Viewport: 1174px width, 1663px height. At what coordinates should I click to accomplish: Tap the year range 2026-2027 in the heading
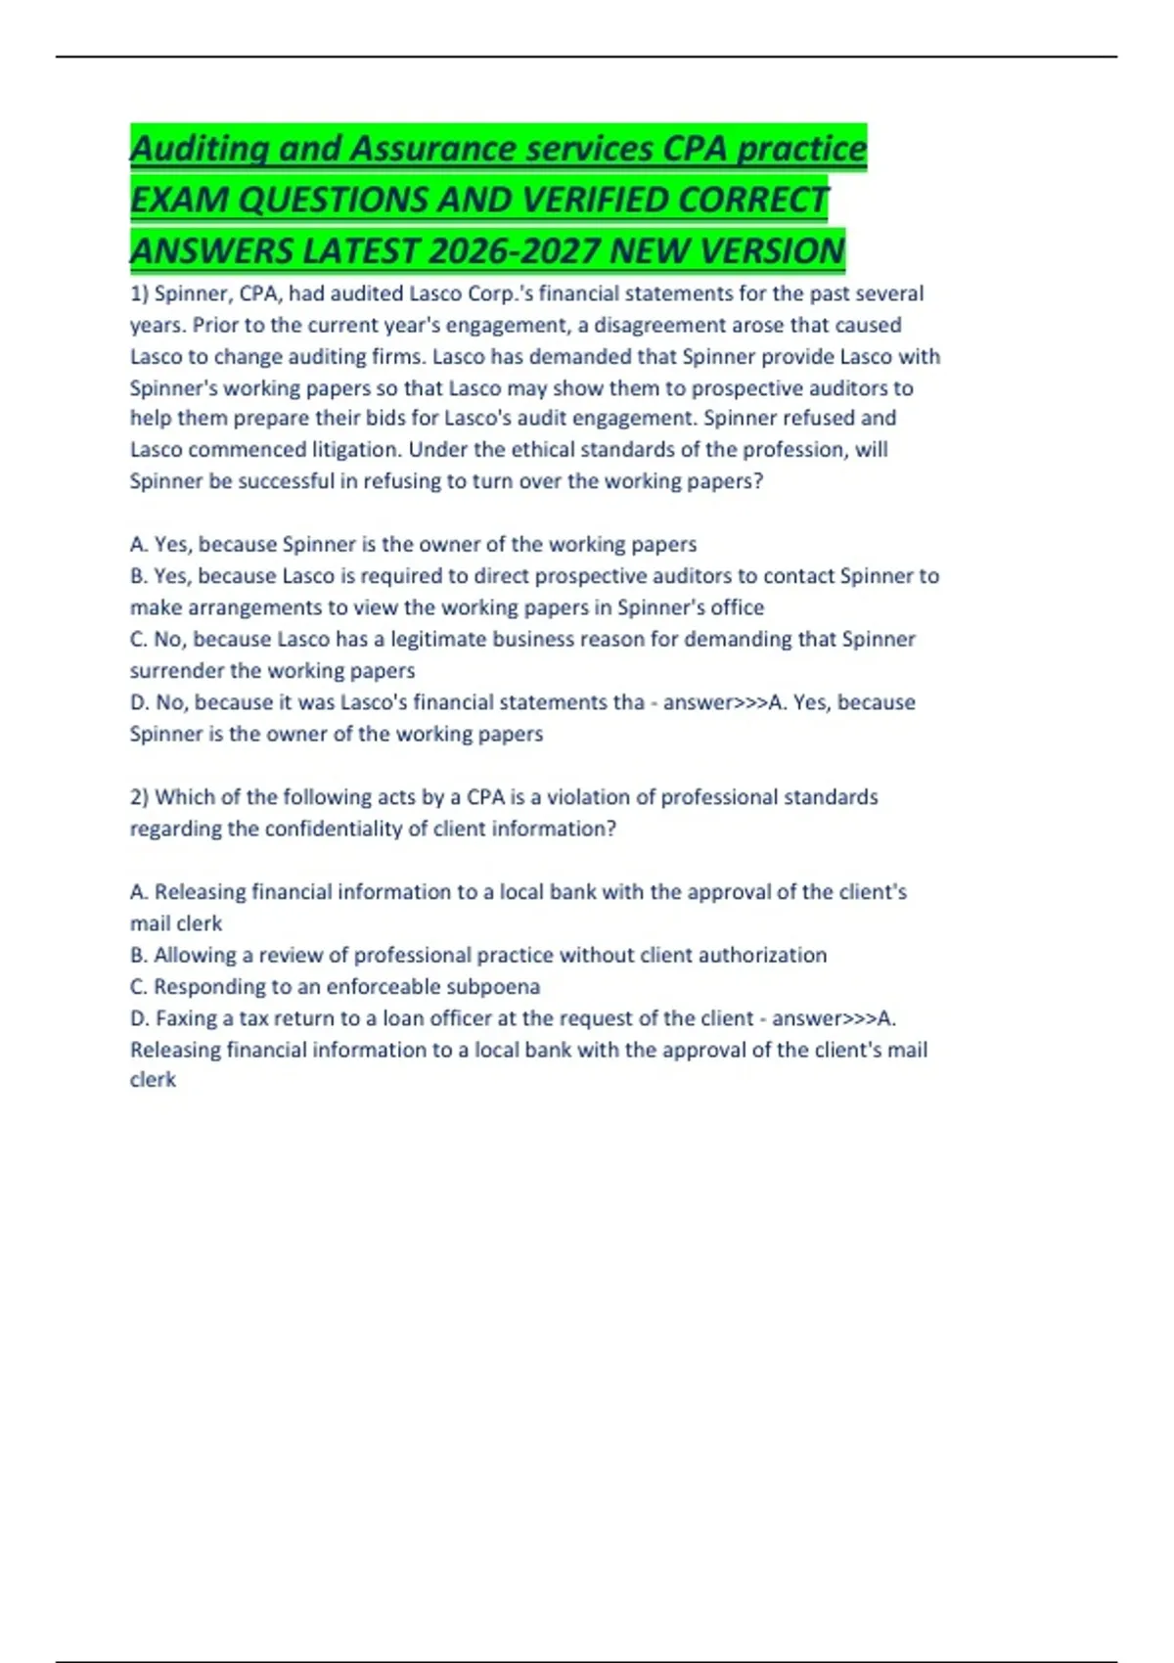515,251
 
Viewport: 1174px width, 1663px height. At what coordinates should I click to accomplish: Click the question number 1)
139,293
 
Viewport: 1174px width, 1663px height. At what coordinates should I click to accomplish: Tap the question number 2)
139,797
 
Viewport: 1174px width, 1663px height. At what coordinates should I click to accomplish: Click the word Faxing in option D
186,1018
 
